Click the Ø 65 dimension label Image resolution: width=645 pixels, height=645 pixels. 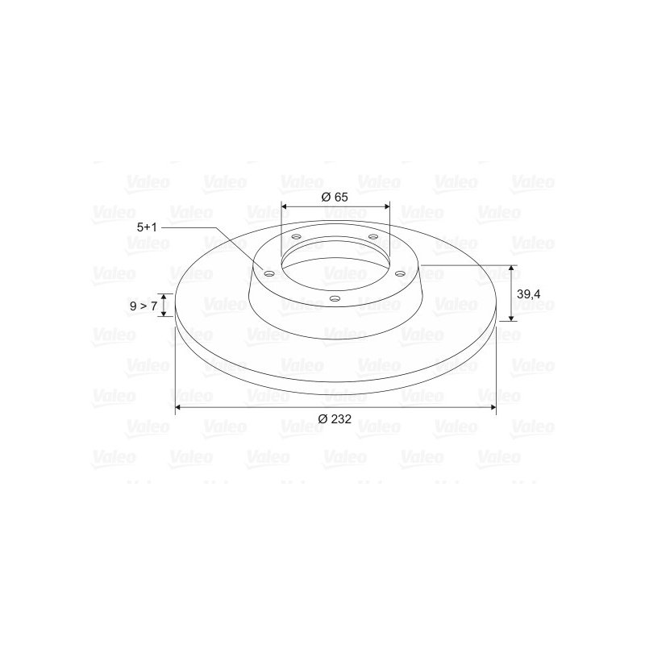click(335, 197)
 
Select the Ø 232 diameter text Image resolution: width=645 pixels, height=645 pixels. click(335, 418)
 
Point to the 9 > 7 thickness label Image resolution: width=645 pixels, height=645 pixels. click(144, 306)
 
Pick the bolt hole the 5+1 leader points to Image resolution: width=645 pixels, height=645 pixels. click(269, 273)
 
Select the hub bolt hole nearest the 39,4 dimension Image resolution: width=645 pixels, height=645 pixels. click(399, 274)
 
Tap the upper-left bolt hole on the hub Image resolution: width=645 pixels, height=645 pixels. click(297, 237)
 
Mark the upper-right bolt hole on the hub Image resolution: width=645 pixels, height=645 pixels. click(372, 236)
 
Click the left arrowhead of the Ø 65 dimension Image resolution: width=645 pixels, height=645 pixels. click(285, 206)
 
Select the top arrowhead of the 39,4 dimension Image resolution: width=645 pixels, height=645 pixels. click(510, 268)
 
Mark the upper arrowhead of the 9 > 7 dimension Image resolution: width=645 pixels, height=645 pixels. click(164, 298)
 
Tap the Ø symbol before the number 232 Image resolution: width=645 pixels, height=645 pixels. click(322, 418)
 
